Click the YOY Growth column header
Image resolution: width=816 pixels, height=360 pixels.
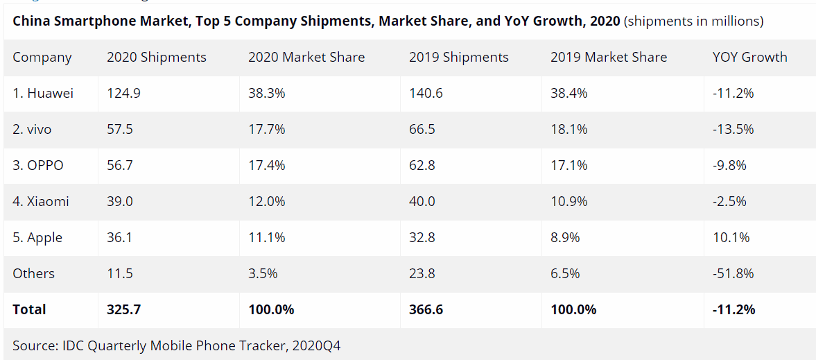749,57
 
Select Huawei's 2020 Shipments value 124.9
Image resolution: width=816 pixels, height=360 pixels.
123,93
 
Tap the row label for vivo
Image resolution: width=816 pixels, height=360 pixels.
32,129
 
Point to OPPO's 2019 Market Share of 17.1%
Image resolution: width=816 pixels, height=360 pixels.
568,165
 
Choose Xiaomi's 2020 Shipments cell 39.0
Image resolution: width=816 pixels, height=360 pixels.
119,201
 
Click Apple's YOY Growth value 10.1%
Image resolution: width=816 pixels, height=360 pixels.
731,237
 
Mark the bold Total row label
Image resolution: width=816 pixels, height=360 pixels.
29,309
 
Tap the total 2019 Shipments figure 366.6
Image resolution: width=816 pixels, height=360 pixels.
426,309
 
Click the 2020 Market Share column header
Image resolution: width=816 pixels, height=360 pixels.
306,57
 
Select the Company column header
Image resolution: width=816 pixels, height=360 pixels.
42,57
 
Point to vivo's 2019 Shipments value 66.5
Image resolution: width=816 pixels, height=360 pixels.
422,129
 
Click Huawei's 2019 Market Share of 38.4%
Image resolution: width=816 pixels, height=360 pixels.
568,93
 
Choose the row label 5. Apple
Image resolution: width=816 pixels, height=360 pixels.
37,237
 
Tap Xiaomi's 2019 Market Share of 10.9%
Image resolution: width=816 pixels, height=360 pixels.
568,201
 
